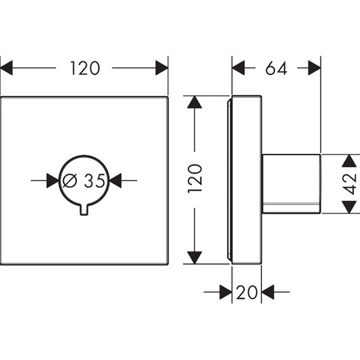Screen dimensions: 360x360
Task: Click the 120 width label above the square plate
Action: [84, 68]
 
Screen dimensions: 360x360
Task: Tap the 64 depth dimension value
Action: [276, 68]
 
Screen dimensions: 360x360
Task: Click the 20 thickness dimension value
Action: [247, 293]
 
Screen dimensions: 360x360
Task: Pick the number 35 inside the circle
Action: [94, 180]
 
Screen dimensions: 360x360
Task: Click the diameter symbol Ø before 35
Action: [70, 180]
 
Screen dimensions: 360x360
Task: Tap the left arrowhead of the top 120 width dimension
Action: [7, 68]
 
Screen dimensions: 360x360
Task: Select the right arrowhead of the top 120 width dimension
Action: [161, 68]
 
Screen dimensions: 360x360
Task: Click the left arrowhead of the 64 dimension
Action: [239, 68]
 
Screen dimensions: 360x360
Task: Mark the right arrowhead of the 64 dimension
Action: [314, 68]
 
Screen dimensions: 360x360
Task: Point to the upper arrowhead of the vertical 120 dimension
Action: [194, 102]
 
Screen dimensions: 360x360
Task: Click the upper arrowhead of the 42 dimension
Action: [350, 161]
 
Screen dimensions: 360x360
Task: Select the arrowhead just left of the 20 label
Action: [226, 293]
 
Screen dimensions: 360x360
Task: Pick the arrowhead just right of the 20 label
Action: [268, 293]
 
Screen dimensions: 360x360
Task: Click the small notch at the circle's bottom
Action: [85, 209]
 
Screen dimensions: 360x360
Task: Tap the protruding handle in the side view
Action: [291, 184]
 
